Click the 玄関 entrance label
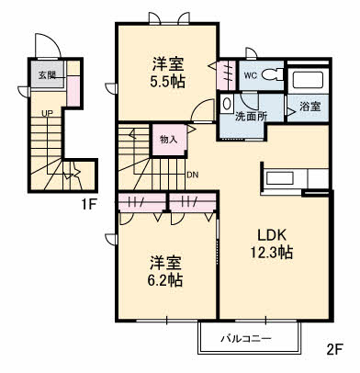coord(47,75)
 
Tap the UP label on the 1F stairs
coord(47,114)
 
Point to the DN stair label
coord(193,175)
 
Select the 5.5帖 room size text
coord(167,82)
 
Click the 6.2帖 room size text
coord(165,279)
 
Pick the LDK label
coord(272,235)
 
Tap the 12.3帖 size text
coord(272,253)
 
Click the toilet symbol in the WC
coord(273,74)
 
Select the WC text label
coord(251,75)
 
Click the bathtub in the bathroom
coord(308,80)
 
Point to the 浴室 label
coord(310,107)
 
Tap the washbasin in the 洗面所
coord(227,104)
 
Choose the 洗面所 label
coord(251,117)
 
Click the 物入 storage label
coord(169,140)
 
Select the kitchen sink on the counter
coord(281,178)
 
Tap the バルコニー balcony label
coord(246,339)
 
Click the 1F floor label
coord(89,205)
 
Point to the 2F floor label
coord(334,349)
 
